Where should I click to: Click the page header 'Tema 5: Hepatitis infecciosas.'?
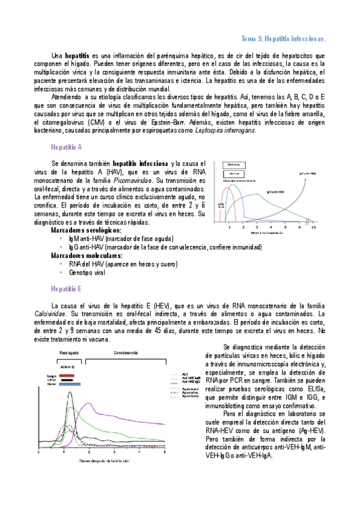point(283,38)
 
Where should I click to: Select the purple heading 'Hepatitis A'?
point(67,147)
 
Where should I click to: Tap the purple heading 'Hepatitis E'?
point(67,288)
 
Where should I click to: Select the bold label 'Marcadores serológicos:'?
point(86,230)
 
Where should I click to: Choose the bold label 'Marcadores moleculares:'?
point(87,255)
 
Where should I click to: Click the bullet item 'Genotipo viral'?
point(92,272)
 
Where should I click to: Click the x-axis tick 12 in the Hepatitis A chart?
point(313,228)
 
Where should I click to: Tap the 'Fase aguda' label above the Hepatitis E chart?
point(61,352)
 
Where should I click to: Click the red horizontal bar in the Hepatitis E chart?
point(67,375)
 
